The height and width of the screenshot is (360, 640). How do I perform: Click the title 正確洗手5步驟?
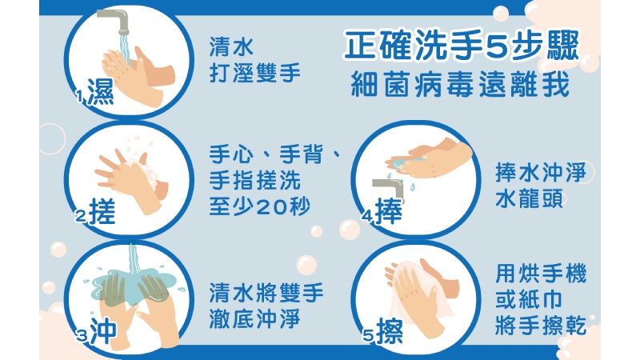pyautogui.click(x=462, y=46)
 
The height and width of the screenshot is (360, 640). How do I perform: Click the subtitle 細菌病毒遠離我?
pyautogui.click(x=460, y=84)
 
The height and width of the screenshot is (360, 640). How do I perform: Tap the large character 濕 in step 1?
pyautogui.click(x=101, y=92)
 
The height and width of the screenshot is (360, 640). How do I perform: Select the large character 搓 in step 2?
pyautogui.click(x=102, y=211)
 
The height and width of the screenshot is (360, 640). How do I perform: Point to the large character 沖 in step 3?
pyautogui.click(x=103, y=330)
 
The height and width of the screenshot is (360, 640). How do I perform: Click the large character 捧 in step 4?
pyautogui.click(x=389, y=211)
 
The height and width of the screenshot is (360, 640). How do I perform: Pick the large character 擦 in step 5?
pyautogui.click(x=390, y=331)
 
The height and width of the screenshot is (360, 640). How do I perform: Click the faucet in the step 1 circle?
pyautogui.click(x=114, y=21)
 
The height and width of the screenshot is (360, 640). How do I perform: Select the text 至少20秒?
pyautogui.click(x=259, y=206)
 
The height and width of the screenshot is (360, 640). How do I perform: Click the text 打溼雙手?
pyautogui.click(x=254, y=73)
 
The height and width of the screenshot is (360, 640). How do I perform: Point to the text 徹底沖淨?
pyautogui.click(x=254, y=318)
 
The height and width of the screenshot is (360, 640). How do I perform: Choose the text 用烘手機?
pyautogui.click(x=542, y=273)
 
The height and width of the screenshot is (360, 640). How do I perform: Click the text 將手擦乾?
pyautogui.click(x=542, y=326)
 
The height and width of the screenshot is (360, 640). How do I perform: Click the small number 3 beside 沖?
pyautogui.click(x=82, y=336)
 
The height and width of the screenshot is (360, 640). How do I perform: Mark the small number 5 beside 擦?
pyautogui.click(x=368, y=336)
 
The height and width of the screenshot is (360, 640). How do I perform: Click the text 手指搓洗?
pyautogui.click(x=254, y=180)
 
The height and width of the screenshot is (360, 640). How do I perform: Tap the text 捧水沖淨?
pyautogui.click(x=542, y=172)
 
